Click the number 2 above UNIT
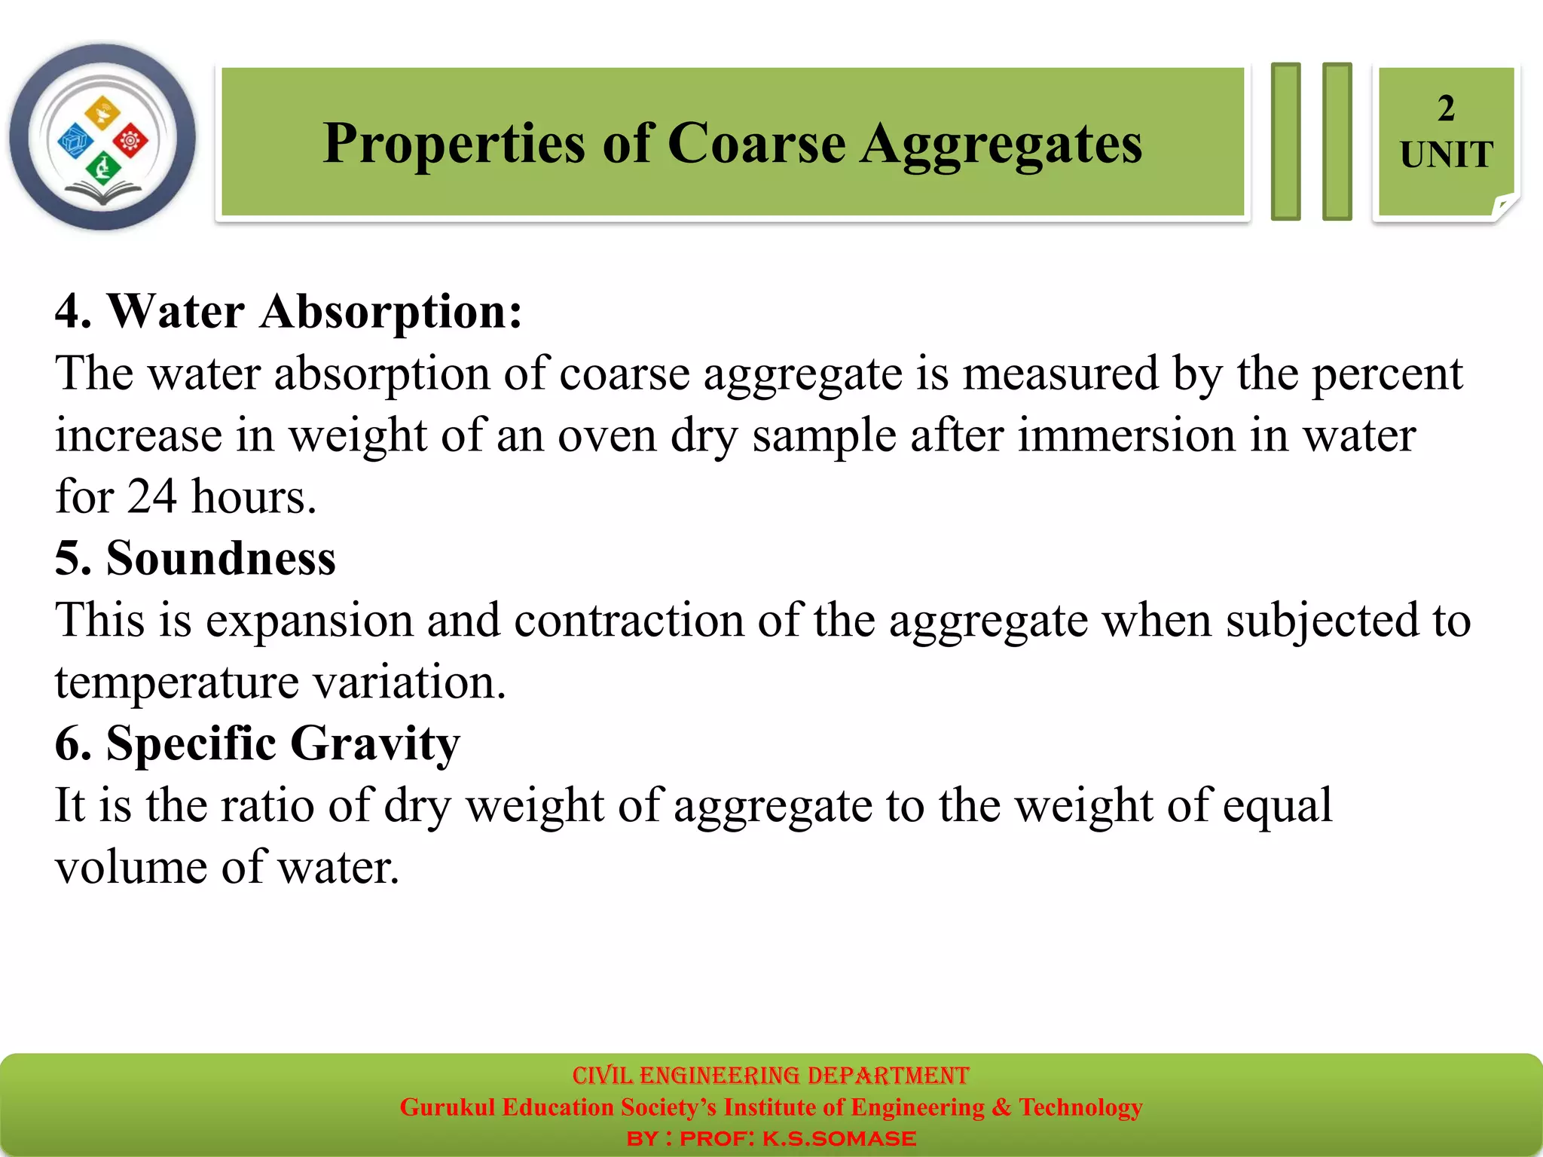point(1445,108)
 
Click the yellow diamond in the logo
point(102,112)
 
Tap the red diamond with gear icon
point(130,140)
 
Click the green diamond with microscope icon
point(102,167)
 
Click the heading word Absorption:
point(390,311)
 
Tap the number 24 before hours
point(151,496)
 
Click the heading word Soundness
point(221,558)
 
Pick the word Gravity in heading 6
point(374,744)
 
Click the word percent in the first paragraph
point(1387,374)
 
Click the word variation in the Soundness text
point(408,682)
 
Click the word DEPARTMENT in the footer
point(887,1075)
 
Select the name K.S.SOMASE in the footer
point(839,1138)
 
